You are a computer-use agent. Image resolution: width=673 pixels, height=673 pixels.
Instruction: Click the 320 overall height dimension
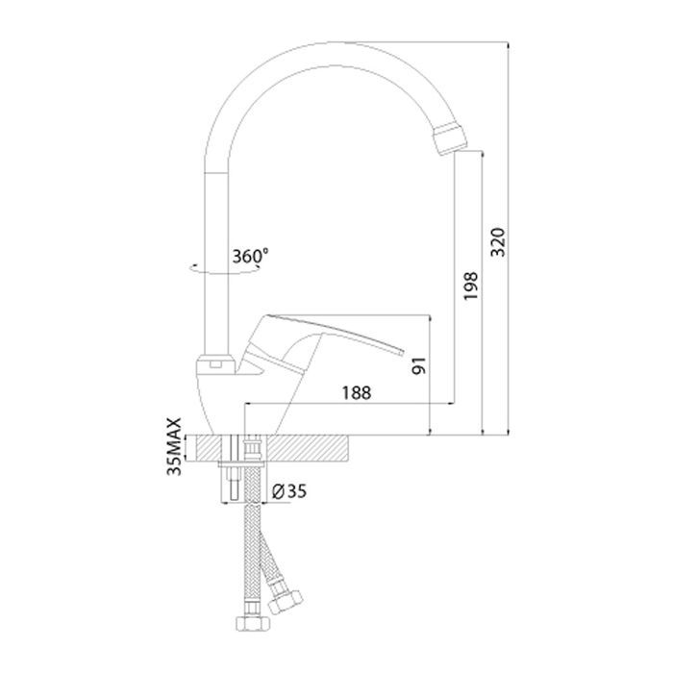coord(498,242)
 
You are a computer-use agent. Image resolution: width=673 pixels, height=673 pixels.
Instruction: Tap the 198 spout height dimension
coord(471,286)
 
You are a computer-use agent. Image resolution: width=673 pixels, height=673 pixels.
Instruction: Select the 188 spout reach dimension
coord(357,392)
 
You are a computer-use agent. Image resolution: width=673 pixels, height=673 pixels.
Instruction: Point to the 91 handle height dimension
coord(419,365)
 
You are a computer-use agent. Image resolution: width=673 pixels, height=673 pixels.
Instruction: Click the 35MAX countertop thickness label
coord(174,446)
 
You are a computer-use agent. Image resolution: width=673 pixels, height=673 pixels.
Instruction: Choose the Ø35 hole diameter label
coord(289,491)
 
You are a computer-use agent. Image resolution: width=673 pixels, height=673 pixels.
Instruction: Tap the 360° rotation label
coord(250,256)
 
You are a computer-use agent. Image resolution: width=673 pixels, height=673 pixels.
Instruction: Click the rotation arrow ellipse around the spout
coord(225,268)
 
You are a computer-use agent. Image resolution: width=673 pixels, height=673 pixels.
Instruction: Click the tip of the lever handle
coord(402,352)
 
